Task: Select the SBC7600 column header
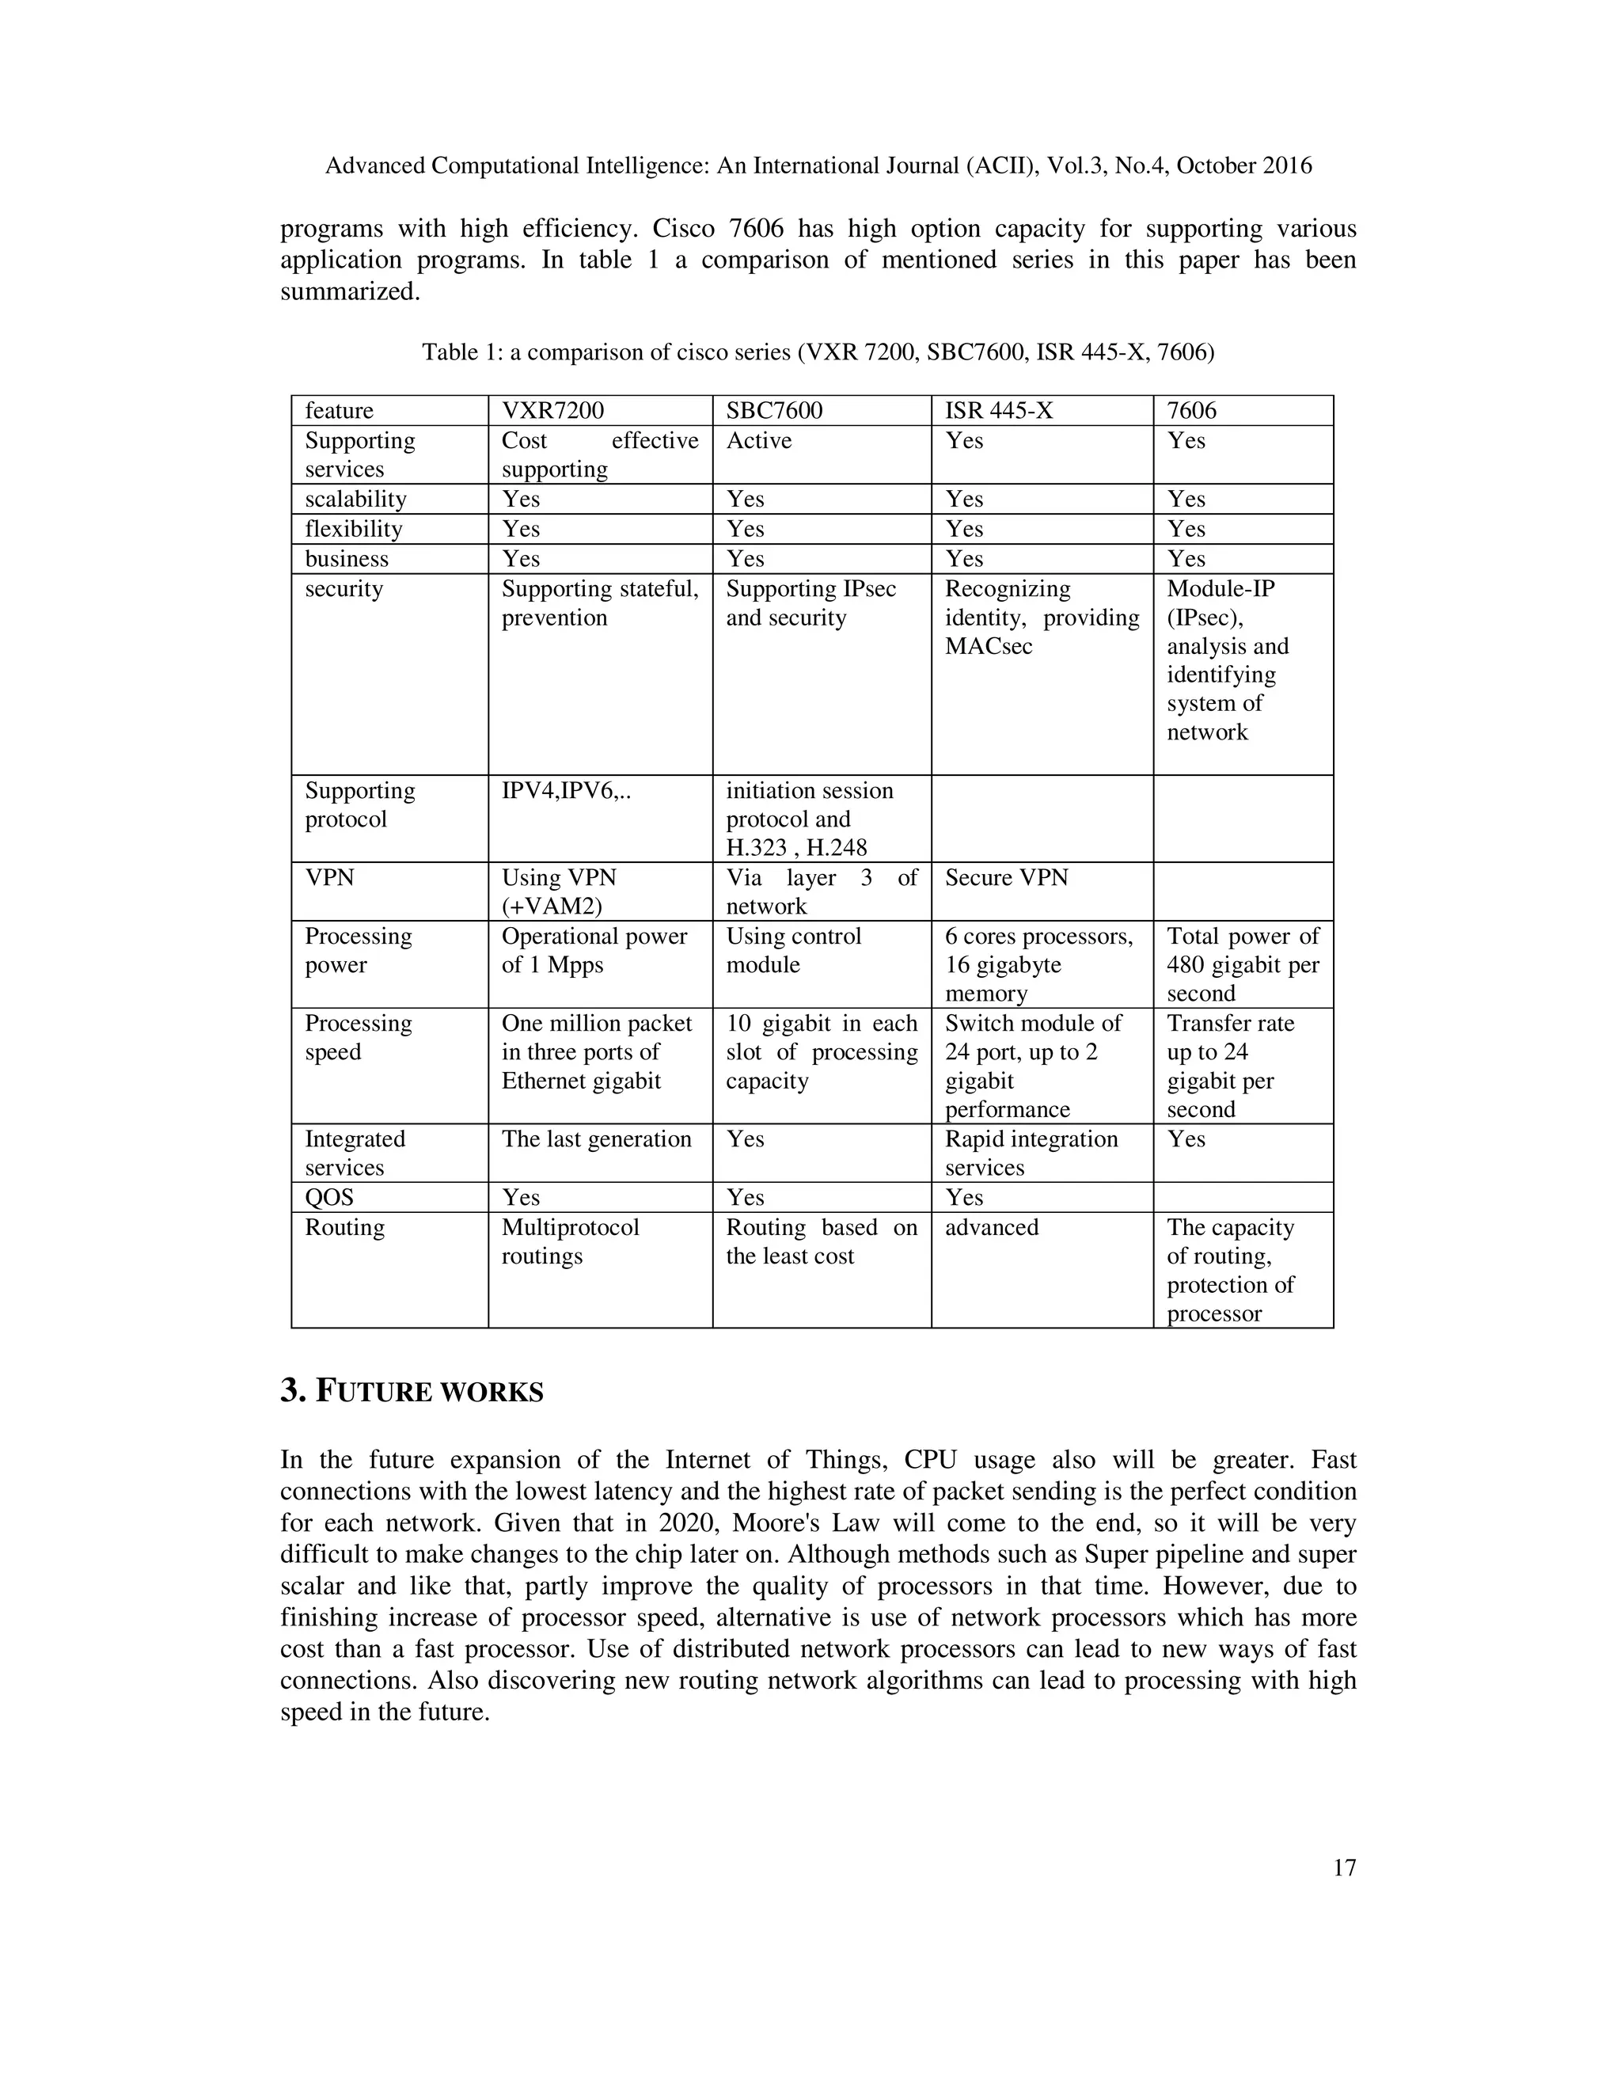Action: coord(774,410)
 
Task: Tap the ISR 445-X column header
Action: coord(999,410)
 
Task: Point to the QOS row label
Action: coord(329,1197)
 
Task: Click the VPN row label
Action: coord(329,877)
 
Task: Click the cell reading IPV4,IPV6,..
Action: coord(566,791)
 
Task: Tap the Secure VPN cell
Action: coord(1005,877)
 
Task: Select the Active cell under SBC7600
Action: coord(758,440)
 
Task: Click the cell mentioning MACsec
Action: coord(1041,618)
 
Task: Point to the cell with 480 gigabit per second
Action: coord(1243,964)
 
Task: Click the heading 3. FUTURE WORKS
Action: coord(411,1391)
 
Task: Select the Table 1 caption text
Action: coord(817,352)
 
